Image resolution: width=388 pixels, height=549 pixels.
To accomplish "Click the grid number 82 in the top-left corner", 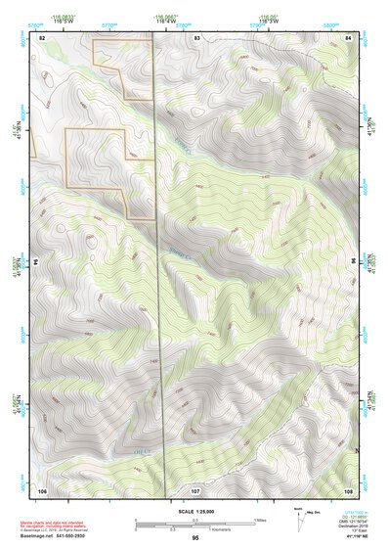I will [x=42, y=36].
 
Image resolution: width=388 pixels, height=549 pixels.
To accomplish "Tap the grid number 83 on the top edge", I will [x=196, y=36].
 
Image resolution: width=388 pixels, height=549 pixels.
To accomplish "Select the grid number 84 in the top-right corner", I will [x=349, y=36].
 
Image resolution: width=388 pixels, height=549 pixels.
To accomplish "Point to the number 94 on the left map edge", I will [x=35, y=262].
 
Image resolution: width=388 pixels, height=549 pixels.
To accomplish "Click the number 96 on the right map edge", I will [x=353, y=262].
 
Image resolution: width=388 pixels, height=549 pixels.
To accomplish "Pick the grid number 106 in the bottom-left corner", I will [x=42, y=488].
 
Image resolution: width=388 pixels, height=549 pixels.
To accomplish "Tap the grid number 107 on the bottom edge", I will [x=195, y=488].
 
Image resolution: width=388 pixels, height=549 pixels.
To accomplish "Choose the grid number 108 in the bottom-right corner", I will [x=348, y=488].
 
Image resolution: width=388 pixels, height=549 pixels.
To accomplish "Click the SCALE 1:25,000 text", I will [x=194, y=511].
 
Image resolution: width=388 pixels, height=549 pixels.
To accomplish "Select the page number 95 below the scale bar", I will [x=195, y=538].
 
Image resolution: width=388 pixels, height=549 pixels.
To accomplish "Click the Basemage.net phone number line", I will [x=55, y=537].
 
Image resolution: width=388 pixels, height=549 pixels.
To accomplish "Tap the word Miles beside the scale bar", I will [x=261, y=519].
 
